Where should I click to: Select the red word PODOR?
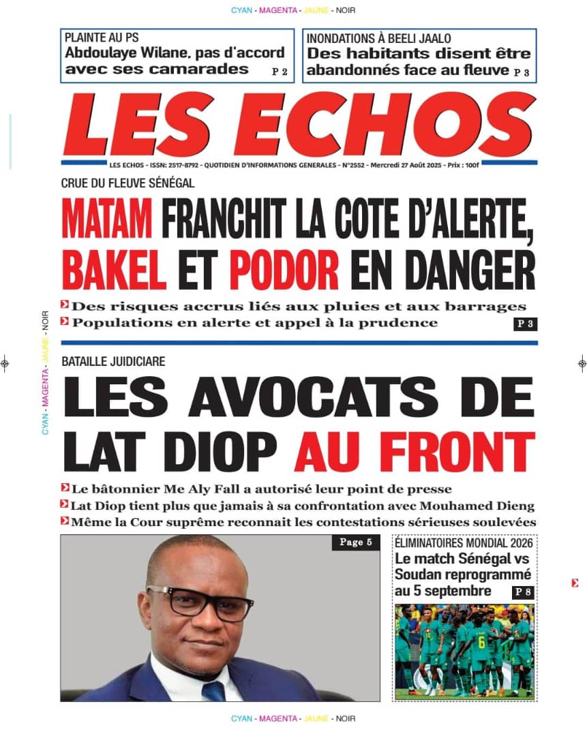point(284,269)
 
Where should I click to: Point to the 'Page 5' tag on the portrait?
point(355,543)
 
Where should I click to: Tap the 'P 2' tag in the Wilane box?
point(280,71)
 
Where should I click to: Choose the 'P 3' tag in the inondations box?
point(522,72)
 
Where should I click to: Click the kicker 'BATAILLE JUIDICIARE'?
point(113,362)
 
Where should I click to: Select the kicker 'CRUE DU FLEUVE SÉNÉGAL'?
point(127,183)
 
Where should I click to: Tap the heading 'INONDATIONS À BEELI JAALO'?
point(378,38)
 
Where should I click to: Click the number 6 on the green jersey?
point(481,640)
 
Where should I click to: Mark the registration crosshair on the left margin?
point(5,363)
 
